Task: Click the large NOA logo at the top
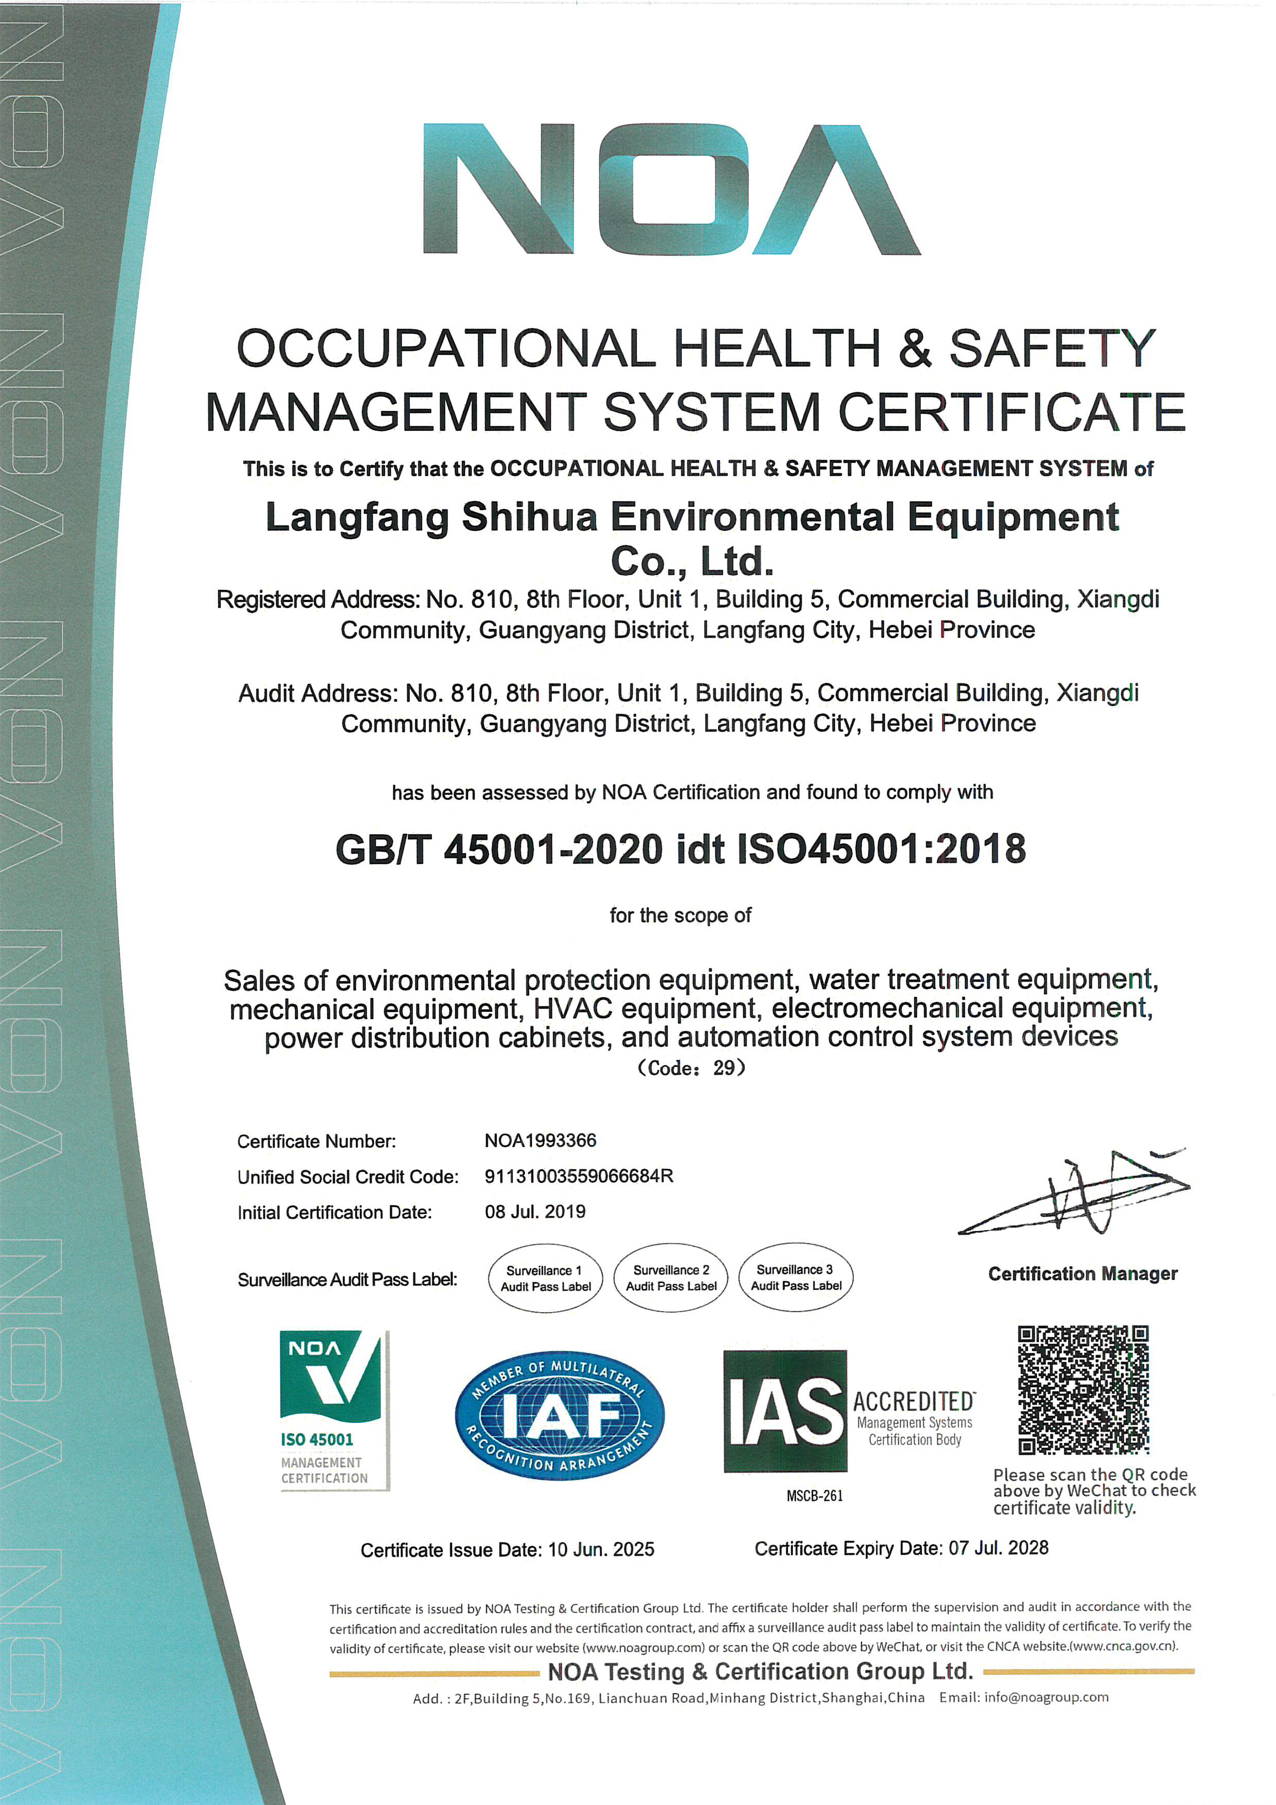pos(672,189)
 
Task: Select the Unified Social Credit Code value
pos(579,1176)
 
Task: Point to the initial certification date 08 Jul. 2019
pos(535,1211)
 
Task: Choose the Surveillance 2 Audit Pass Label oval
pos(671,1277)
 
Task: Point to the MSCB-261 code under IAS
pos(815,1496)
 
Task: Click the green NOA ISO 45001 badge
pos(334,1410)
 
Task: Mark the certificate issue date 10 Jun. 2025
pos(601,1550)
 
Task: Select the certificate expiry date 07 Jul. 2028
pos(998,1548)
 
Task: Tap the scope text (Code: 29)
pos(690,1067)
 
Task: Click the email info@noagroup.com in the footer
pos(1046,1697)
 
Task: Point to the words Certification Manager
pos(1082,1273)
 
